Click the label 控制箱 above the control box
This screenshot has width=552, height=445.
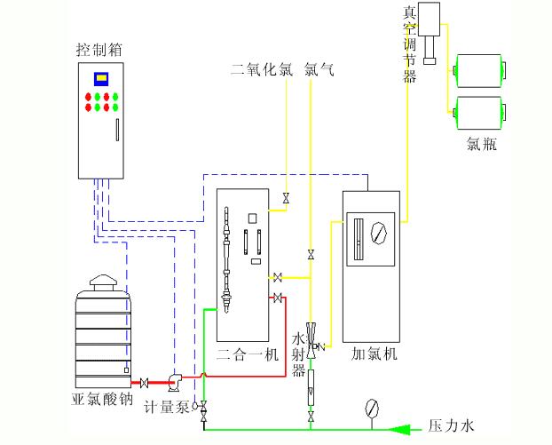(99, 49)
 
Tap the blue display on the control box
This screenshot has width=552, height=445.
(101, 78)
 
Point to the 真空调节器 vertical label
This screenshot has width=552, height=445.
(409, 44)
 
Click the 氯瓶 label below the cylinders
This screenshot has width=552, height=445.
(481, 143)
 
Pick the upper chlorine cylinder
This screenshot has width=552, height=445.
(479, 69)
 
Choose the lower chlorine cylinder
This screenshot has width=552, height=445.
(479, 109)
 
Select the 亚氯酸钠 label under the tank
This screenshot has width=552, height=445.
(102, 400)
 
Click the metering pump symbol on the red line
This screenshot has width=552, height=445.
(173, 381)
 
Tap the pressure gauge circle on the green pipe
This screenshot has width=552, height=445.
(372, 409)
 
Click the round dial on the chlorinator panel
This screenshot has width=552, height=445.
(380, 234)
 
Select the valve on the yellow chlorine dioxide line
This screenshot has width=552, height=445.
(286, 198)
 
